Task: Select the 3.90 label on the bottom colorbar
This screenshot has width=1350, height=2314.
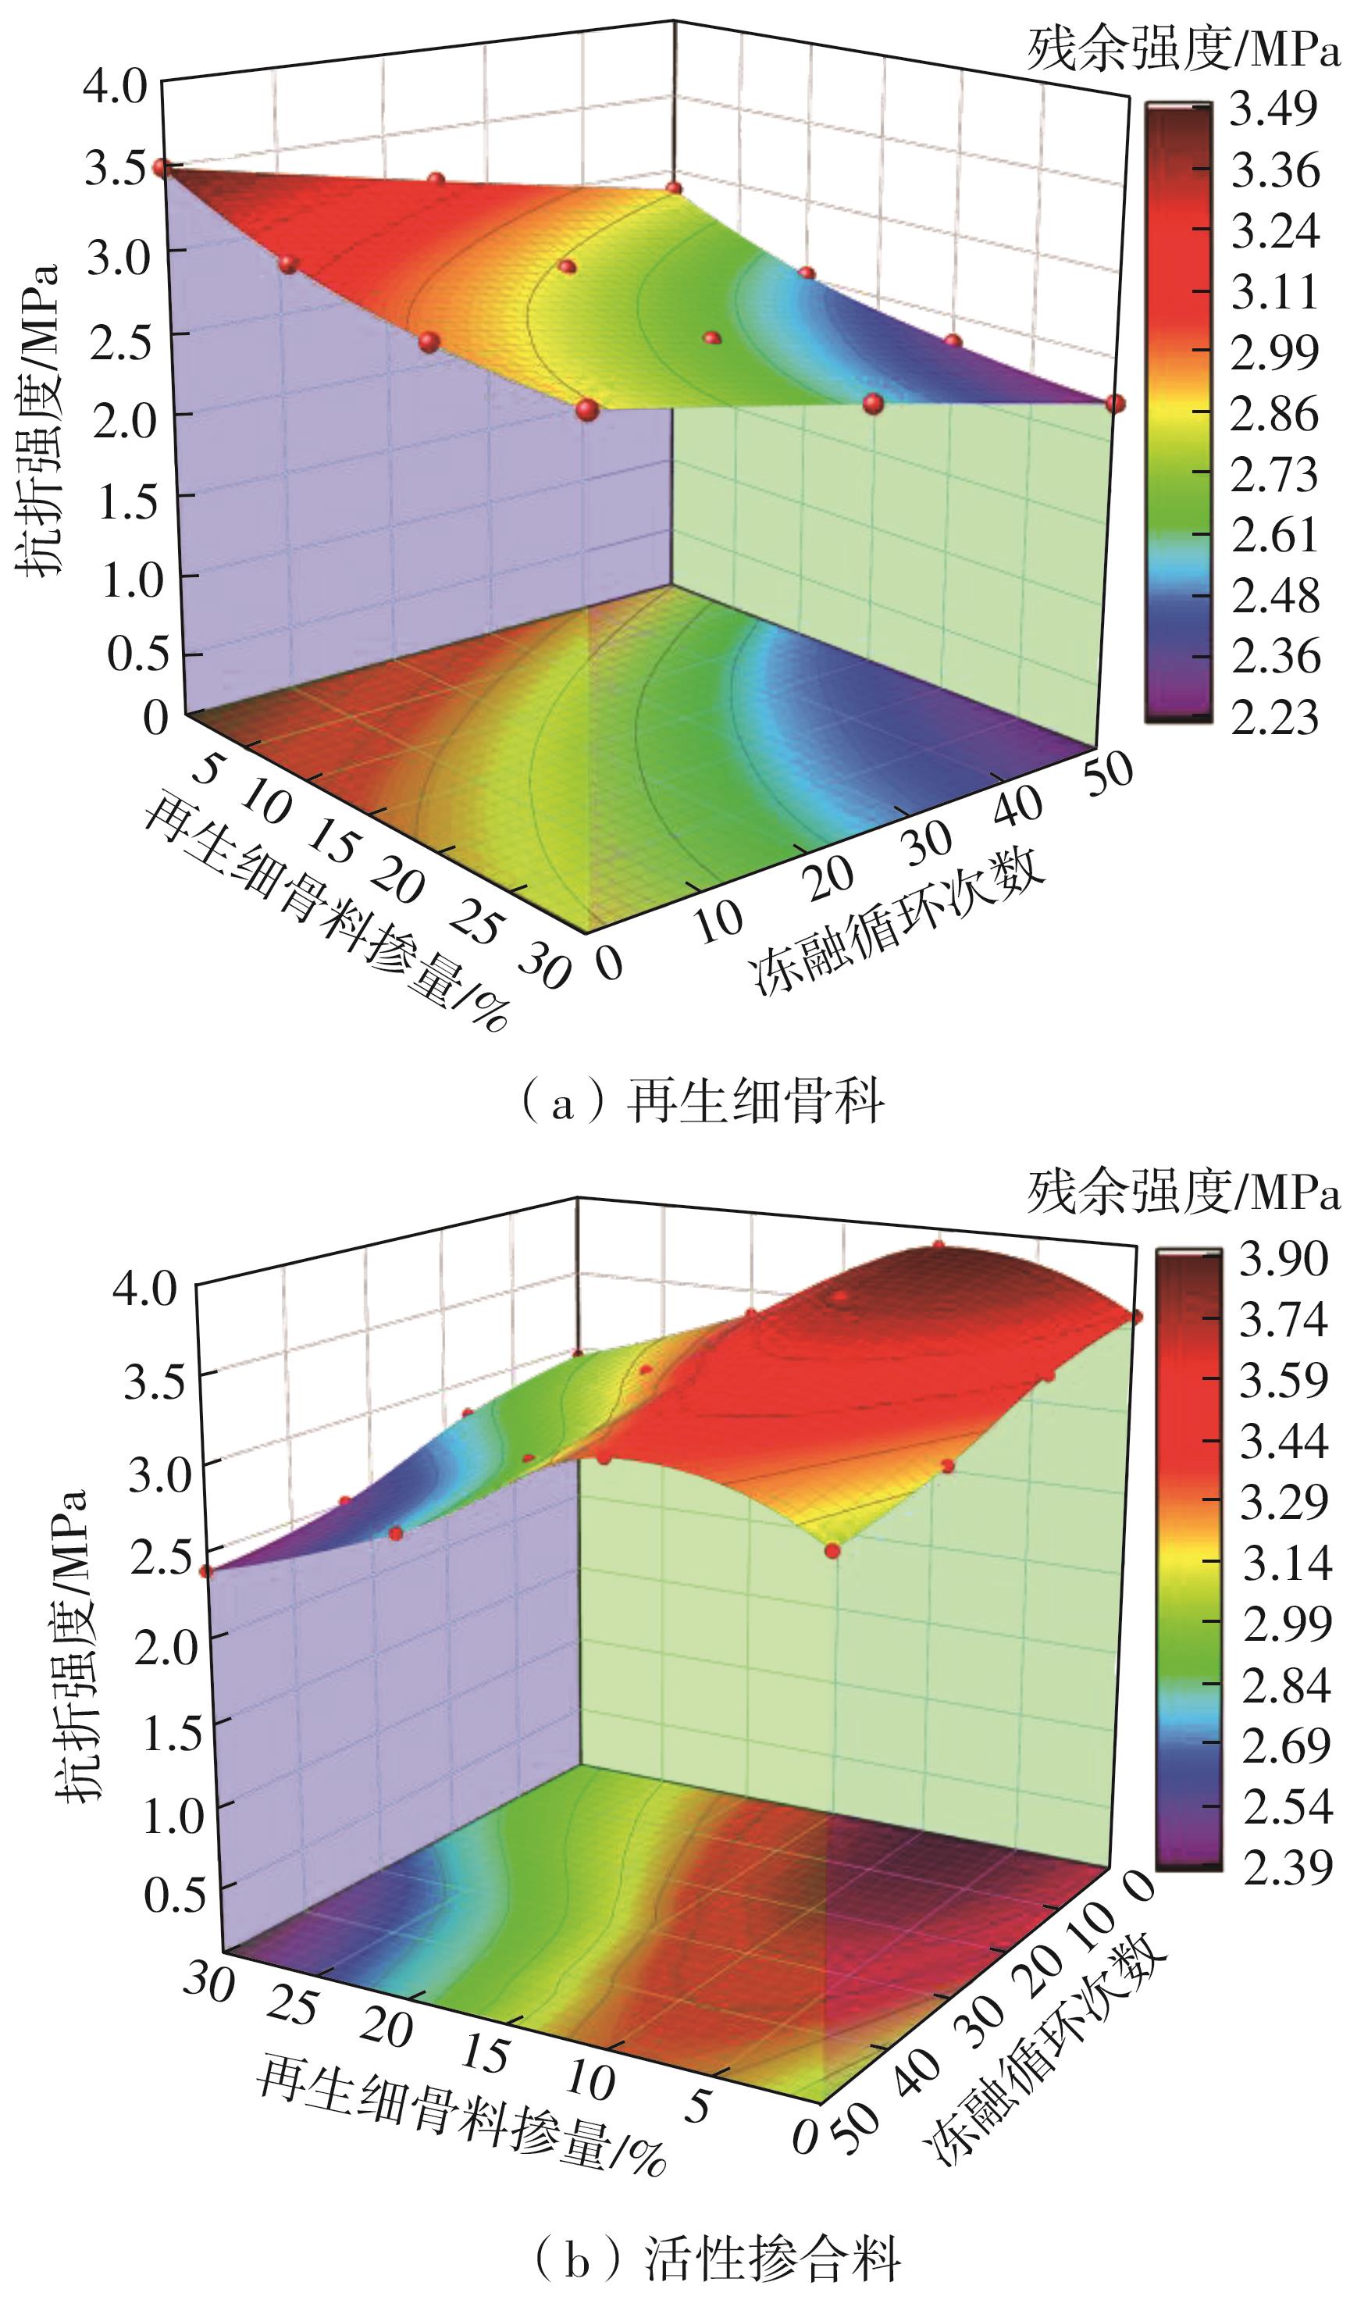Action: [1283, 1259]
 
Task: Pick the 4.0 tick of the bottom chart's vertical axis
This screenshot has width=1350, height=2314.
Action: [144, 1289]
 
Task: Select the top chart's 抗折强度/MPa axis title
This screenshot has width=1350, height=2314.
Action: [38, 418]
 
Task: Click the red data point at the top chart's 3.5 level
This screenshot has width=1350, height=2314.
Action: [162, 167]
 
